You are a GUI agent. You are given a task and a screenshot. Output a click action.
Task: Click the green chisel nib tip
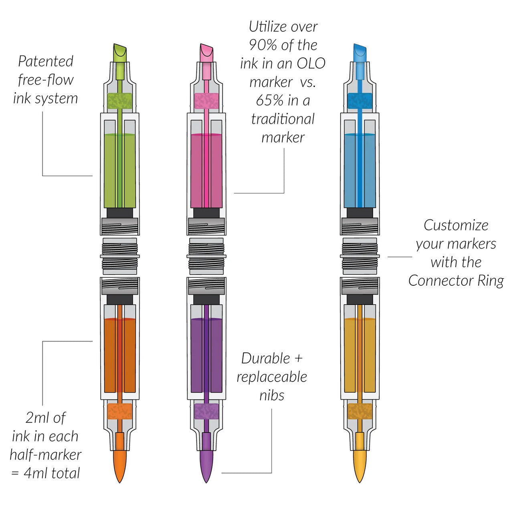point(119,53)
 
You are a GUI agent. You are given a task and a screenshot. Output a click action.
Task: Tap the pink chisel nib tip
point(206,53)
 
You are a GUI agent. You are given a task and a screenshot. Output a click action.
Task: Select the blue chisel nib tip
point(360,53)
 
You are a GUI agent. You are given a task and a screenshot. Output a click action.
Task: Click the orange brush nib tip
point(119,466)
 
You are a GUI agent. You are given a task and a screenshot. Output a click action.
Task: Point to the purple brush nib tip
point(206,466)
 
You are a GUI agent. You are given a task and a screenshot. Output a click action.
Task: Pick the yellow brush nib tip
point(360,466)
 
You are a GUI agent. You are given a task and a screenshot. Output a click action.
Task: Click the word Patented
point(46,61)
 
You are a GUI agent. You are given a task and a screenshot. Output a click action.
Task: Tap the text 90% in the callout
point(263,45)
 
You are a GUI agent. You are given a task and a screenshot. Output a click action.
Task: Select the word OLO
point(311,63)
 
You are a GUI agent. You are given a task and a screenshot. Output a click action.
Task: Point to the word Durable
point(266,359)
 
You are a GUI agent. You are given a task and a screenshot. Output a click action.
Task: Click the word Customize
point(456,226)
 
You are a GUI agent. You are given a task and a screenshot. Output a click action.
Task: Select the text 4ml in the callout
point(36,473)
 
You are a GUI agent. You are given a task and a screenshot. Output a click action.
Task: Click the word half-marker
point(46,454)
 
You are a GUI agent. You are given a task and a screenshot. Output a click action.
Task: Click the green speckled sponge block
point(119,101)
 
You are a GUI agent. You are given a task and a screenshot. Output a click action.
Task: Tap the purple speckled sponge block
point(206,411)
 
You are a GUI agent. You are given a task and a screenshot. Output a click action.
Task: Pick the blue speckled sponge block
point(360,101)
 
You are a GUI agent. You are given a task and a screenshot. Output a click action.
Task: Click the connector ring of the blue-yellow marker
point(360,256)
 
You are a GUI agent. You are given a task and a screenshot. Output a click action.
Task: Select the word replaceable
point(272,378)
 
